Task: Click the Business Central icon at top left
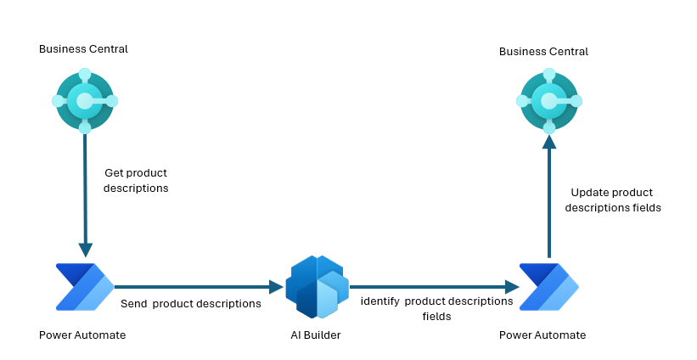(85, 101)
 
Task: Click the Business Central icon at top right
(549, 101)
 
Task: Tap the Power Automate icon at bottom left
(85, 287)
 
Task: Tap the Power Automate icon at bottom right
(549, 287)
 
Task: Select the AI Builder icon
(317, 287)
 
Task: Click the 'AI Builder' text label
(316, 335)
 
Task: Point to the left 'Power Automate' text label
(82, 335)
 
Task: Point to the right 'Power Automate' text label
(542, 335)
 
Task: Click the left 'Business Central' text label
(83, 49)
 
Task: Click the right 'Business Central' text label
(543, 52)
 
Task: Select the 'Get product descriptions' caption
(136, 181)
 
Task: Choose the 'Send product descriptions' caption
(191, 304)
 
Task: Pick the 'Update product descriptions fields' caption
(613, 200)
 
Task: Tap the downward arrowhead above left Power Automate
(86, 250)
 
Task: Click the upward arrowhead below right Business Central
(549, 142)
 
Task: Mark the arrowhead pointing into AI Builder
(276, 287)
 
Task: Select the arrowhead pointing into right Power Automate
(512, 287)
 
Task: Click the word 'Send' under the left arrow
(134, 304)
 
